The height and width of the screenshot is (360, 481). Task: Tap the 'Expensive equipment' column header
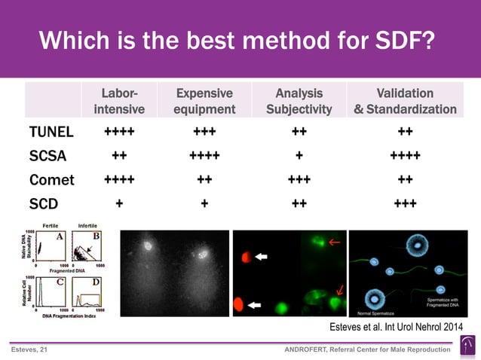coord(204,102)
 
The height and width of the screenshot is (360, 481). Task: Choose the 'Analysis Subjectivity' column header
coord(299,102)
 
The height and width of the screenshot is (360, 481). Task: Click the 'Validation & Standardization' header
coord(405,102)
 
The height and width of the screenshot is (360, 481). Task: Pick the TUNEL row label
coord(51,133)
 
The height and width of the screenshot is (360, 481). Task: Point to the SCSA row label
coord(47,156)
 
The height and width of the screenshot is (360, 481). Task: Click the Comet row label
coord(52,180)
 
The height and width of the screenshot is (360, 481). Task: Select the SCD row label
coord(44,204)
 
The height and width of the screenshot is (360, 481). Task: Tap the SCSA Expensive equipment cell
coord(204,156)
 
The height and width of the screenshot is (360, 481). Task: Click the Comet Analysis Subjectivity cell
coord(299,180)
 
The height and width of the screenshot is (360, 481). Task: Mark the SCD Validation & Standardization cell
coord(405,204)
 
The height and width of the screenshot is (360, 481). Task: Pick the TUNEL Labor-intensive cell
coord(119,133)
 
